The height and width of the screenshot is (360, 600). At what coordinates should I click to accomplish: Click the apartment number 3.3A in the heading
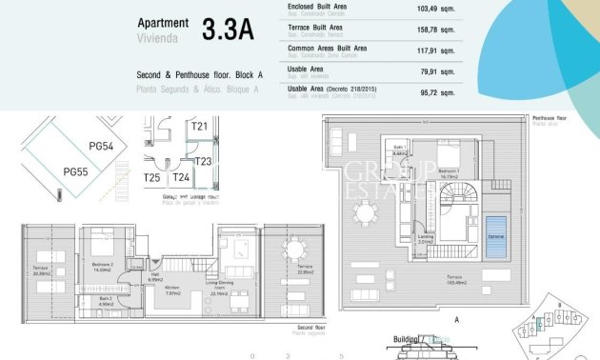(228, 30)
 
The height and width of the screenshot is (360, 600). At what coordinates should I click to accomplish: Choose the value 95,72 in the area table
(431, 90)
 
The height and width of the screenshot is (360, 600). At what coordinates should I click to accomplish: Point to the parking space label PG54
(101, 146)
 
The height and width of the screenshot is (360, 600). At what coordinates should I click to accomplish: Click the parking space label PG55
(75, 171)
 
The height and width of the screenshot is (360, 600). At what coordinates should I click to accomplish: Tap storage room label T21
(199, 126)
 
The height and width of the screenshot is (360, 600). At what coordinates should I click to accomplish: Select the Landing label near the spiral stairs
(426, 239)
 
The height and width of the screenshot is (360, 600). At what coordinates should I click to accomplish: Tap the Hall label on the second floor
(154, 277)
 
